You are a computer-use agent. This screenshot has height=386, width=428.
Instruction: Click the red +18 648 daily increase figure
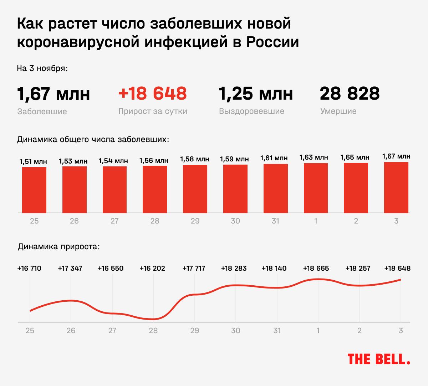(152, 94)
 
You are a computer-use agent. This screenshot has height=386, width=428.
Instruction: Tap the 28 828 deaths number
(350, 94)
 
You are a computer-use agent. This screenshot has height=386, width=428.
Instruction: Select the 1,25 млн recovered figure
(255, 94)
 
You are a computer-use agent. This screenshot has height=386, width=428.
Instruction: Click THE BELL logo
(379, 359)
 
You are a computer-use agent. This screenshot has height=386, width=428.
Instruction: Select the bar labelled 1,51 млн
(34, 190)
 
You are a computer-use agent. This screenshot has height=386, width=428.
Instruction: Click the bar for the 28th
(155, 189)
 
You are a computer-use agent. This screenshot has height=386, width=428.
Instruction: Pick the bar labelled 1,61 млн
(275, 189)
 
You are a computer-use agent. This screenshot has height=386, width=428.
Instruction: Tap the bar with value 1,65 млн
(356, 188)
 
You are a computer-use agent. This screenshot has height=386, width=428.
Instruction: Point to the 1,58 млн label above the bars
(195, 159)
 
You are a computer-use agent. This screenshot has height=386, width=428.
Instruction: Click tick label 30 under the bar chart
(235, 221)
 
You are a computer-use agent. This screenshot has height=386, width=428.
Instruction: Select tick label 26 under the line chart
(71, 331)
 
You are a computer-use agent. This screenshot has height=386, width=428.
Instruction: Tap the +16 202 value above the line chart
(152, 268)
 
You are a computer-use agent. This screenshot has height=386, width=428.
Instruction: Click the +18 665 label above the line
(316, 268)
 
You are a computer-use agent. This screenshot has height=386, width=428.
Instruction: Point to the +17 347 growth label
(70, 268)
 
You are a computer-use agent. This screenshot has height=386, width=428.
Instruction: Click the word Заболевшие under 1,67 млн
(42, 111)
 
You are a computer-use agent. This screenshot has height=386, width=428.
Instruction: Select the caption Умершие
(338, 111)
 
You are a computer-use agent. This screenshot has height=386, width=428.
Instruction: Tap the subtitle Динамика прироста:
(59, 247)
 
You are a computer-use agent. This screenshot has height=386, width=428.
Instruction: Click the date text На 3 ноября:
(42, 68)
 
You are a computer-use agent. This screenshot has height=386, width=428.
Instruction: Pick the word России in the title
(272, 42)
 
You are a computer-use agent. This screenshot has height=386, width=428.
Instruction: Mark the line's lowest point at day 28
(153, 319)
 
